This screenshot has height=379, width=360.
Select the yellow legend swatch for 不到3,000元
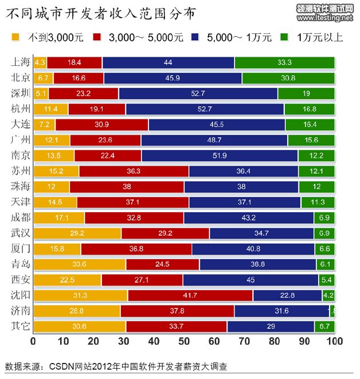click(x=15, y=38)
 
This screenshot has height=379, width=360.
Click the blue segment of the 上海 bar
click(x=168, y=62)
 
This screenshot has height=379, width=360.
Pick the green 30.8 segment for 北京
click(x=288, y=78)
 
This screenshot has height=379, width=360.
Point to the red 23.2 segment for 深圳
click(x=83, y=93)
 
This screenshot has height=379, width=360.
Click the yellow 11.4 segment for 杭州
click(x=50, y=109)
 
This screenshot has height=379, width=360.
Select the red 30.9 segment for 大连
click(x=101, y=124)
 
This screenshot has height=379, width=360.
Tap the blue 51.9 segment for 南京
click(x=220, y=155)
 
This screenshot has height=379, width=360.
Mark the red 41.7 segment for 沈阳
click(x=190, y=295)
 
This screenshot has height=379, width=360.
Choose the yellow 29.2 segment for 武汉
click(x=77, y=233)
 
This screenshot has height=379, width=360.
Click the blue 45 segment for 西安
click(x=251, y=280)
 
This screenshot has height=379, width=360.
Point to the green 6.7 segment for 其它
click(x=324, y=327)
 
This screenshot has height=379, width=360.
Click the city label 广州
click(x=20, y=140)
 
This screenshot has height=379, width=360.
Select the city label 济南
click(x=20, y=311)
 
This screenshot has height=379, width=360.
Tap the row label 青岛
click(x=20, y=264)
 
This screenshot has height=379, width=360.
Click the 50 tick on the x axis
click(x=183, y=341)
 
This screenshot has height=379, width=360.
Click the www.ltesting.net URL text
click(x=326, y=18)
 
